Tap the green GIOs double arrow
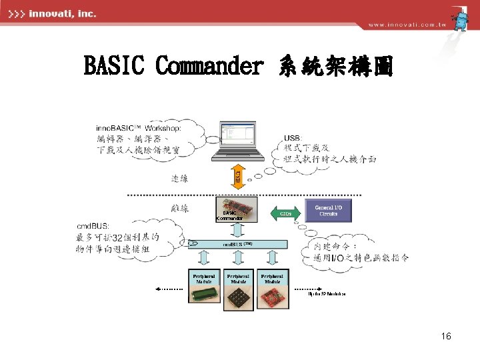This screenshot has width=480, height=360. (x=285, y=213)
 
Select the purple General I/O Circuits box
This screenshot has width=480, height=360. (x=327, y=211)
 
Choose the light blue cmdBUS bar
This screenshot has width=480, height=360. (x=238, y=245)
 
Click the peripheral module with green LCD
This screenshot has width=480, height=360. (x=204, y=289)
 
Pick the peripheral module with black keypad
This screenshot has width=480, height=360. (x=238, y=289)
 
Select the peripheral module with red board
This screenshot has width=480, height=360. (x=272, y=289)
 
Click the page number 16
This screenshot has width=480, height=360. (x=446, y=337)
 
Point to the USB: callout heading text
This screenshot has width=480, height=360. (x=293, y=138)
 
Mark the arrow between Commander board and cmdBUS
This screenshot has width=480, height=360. (x=238, y=231)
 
